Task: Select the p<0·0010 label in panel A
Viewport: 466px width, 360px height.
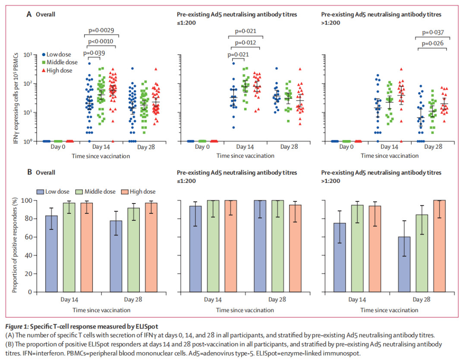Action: pos(101,41)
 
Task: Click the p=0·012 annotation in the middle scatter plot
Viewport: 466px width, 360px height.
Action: pos(246,42)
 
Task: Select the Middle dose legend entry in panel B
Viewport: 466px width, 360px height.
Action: pos(96,191)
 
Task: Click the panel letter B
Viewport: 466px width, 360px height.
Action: pos(29,172)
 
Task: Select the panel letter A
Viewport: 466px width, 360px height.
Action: pos(29,14)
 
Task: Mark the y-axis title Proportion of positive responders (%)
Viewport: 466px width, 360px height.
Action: pos(15,245)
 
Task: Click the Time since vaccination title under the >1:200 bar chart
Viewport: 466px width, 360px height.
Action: pos(389,310)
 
